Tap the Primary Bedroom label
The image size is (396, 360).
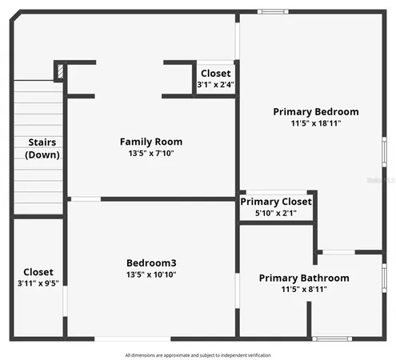click(315, 111)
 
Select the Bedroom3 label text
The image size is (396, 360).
click(151, 263)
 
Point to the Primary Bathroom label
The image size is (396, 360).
click(304, 278)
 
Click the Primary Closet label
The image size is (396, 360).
click(276, 202)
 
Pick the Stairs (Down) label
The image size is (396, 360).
click(42, 148)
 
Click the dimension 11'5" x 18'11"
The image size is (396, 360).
click(315, 123)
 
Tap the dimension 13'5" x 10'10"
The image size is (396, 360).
click(151, 274)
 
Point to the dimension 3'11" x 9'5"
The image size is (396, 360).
click(38, 282)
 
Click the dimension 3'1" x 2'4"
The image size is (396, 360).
click(216, 85)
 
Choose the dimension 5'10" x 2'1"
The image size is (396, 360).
click(276, 213)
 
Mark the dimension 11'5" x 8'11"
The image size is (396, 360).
click(304, 289)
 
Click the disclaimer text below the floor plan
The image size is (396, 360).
click(198, 354)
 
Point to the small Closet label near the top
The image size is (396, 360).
click(216, 74)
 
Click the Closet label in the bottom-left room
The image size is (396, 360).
click(38, 271)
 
